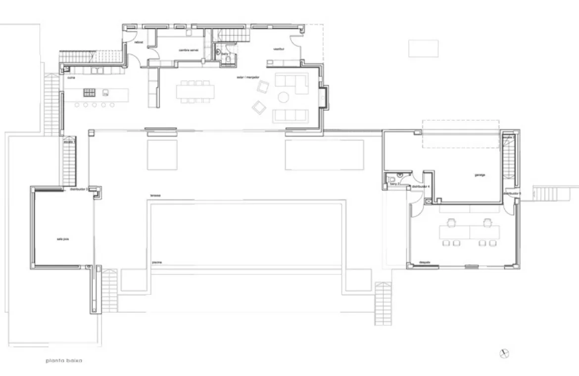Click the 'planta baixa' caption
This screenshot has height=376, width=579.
pos(63,361)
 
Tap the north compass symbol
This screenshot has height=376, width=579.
pos(505,353)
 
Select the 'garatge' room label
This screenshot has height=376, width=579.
pos(479,175)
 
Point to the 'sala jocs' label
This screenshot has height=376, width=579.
pos(62,239)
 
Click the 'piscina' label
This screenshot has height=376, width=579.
pos(157,262)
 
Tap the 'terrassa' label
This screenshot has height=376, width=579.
pos(156,196)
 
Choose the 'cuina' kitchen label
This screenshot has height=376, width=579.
pos(71,78)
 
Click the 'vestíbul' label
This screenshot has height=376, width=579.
pos(278,49)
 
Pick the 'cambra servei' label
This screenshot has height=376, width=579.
pos(188,50)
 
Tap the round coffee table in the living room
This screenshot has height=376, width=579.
pos(284,97)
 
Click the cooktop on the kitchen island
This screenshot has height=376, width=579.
pos(89,92)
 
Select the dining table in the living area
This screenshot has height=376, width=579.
pos(196,92)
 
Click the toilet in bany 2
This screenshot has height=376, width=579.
pos(391,179)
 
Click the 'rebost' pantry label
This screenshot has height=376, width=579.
pos(139,43)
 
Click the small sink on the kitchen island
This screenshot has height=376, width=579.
pos(105,93)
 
